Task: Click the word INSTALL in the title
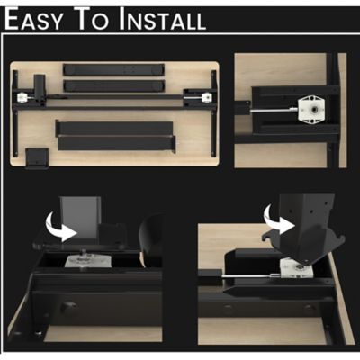pos(161,19)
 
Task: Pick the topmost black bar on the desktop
pos(113,69)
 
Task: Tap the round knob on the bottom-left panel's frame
pos(68,308)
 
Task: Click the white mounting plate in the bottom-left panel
pos(90,261)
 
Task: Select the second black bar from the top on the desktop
pos(113,85)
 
